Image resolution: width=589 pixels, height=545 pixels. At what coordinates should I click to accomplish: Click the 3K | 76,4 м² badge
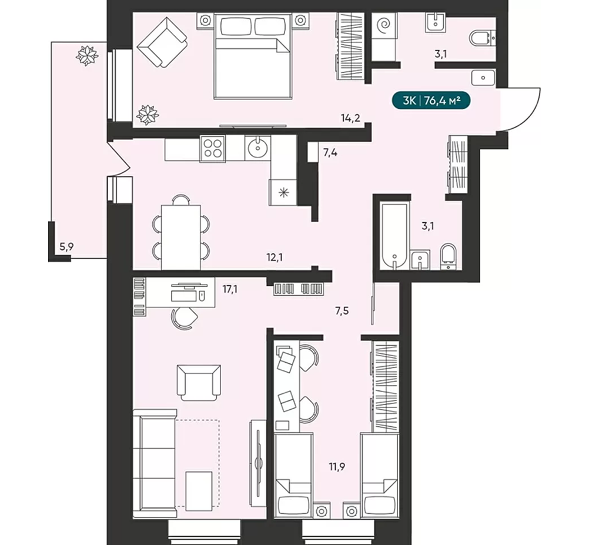coord(431,101)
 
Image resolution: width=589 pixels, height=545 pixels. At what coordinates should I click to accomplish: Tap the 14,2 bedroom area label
coord(350,118)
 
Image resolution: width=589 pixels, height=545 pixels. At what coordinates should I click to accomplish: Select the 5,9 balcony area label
coord(66,247)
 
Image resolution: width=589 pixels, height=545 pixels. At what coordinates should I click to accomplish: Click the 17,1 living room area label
coord(229,290)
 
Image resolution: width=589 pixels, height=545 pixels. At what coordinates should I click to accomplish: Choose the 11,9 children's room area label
coord(337,467)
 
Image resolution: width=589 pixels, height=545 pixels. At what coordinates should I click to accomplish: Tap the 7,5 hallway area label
coord(342,311)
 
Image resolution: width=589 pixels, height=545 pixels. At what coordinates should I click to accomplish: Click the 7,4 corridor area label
coord(330,153)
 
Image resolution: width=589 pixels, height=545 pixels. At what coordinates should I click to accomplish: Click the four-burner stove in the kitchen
coord(213,148)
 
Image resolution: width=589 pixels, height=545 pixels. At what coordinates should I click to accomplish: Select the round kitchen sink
coord(257,148)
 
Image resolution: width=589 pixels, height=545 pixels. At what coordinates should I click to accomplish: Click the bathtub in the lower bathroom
coord(394,236)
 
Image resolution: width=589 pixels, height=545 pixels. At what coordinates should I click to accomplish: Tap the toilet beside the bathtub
coord(448,258)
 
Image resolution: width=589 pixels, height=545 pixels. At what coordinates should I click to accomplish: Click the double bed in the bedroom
coord(253,56)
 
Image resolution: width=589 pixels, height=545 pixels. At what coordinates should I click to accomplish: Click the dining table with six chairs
coord(180,236)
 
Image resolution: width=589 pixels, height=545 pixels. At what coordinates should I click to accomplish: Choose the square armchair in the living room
coord(199,382)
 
